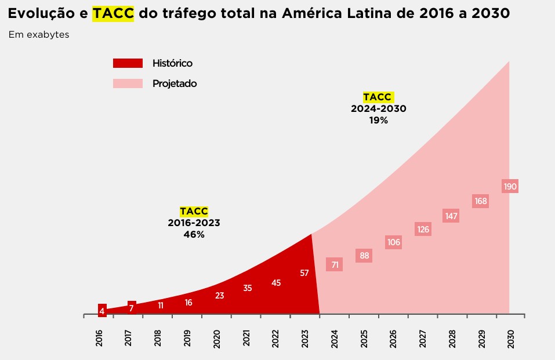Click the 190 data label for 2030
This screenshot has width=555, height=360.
tap(510, 187)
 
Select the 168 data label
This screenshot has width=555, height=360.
tap(481, 201)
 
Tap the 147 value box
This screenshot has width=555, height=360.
tap(451, 216)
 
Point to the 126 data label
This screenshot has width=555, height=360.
tap(423, 230)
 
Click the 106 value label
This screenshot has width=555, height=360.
tap(394, 242)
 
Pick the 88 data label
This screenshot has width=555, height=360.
tap(364, 256)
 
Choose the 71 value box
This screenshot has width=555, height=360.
tap(335, 265)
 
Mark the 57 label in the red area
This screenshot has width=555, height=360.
tap(304, 273)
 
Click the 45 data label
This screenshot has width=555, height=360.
tap(276, 283)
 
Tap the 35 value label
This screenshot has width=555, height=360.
tap(248, 288)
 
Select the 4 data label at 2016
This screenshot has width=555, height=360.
tap(102, 311)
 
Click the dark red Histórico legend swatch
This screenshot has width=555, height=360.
tap(128, 63)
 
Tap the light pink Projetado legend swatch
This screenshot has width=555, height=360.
tap(128, 83)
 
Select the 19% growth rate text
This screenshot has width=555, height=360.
tap(378, 121)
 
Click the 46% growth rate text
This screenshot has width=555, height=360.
tap(194, 235)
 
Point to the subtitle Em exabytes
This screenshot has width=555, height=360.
tap(39, 35)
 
